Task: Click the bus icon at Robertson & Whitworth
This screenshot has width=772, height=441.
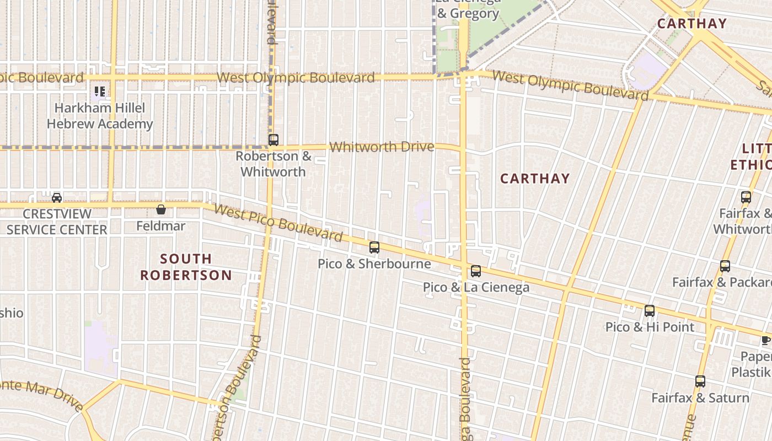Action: coord(274,140)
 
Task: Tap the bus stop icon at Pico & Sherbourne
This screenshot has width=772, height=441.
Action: coord(374,248)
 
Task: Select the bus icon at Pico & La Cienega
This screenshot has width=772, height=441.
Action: coord(476,271)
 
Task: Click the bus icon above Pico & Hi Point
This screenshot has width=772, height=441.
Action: coord(650,311)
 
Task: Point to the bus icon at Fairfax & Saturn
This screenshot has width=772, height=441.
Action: coord(700,381)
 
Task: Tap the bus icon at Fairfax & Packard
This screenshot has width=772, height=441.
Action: coord(725,266)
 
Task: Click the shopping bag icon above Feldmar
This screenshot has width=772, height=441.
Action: coord(161,209)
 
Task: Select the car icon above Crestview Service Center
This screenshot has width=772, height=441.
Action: coord(57,197)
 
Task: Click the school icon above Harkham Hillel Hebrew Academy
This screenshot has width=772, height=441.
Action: coord(100,91)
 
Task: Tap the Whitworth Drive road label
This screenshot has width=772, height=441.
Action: coord(382,147)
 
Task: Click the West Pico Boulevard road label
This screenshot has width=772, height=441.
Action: coord(278,223)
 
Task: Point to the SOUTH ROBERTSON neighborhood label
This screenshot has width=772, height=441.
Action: coord(186,267)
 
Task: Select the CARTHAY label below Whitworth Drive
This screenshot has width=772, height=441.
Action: coord(534,179)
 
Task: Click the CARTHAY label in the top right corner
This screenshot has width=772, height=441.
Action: coord(692,24)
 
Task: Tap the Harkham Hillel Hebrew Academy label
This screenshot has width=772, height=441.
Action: coord(100,116)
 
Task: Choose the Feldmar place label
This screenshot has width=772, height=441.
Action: coord(161,226)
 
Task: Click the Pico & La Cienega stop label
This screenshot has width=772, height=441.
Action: coord(476,287)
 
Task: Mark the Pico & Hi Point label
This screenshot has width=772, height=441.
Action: coord(650,327)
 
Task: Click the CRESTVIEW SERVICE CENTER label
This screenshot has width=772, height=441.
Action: coord(57,222)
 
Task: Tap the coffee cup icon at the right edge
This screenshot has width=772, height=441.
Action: coord(766,340)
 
